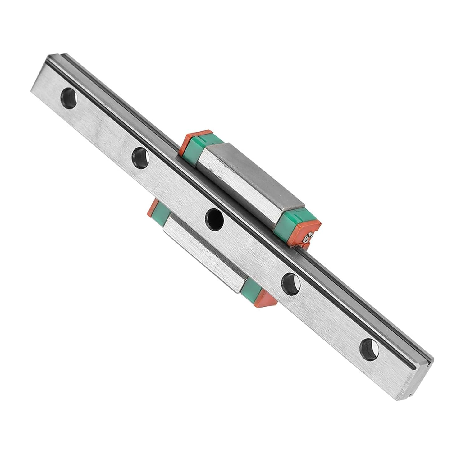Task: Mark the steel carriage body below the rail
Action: click(205, 249)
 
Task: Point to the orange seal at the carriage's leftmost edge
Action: click(151, 208)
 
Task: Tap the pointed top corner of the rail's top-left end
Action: click(47, 55)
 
